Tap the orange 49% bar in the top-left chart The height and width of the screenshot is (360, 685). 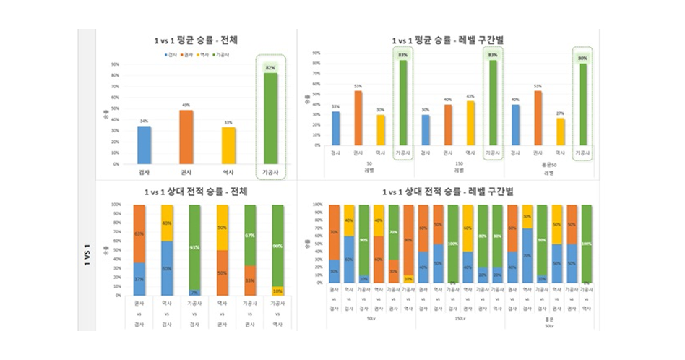click(186, 137)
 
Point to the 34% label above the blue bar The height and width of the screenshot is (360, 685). click(145, 121)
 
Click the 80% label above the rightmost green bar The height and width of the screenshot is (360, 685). click(582, 58)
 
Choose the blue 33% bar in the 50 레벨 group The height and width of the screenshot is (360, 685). click(335, 127)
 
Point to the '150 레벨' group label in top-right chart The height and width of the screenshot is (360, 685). click(459, 167)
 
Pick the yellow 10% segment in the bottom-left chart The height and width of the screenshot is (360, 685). click(277, 291)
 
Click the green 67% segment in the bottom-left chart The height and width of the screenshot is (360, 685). click(249, 235)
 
